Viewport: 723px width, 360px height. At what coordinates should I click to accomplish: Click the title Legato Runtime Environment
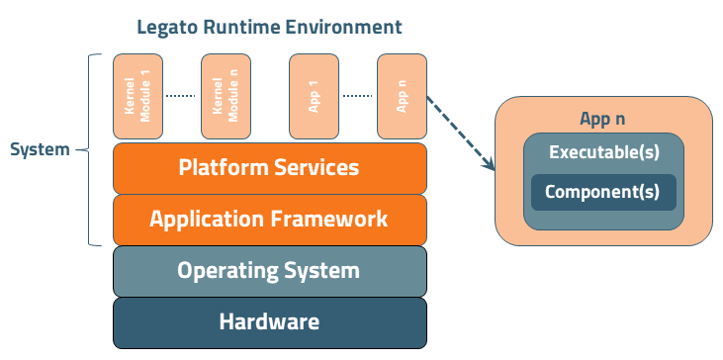269,27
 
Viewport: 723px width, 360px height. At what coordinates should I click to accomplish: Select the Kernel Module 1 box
136,96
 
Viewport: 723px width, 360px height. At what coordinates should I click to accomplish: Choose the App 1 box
313,96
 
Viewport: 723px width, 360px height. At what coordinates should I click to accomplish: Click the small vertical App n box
401,96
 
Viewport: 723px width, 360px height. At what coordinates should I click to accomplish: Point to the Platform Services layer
269,167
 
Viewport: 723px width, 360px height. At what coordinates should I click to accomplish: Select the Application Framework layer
269,219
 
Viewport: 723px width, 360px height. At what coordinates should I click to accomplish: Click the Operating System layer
269,270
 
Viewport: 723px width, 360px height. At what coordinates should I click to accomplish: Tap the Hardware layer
269,321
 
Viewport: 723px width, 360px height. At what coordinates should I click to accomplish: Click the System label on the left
40,150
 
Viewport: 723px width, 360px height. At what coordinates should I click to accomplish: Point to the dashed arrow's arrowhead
489,167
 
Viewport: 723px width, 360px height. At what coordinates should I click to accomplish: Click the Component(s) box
602,192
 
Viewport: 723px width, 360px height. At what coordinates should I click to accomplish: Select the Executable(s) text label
602,153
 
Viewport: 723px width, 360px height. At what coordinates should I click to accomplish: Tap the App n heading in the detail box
602,119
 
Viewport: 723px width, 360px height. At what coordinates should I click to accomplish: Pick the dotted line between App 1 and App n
357,96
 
